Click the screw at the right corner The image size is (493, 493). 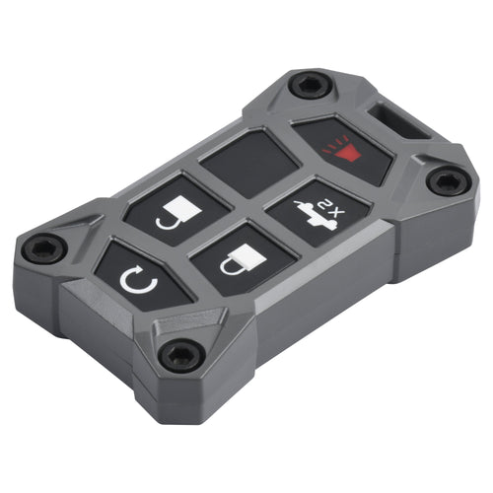pos(448,181)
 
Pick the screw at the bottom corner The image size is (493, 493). pos(181,355)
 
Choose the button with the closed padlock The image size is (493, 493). pos(243,260)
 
